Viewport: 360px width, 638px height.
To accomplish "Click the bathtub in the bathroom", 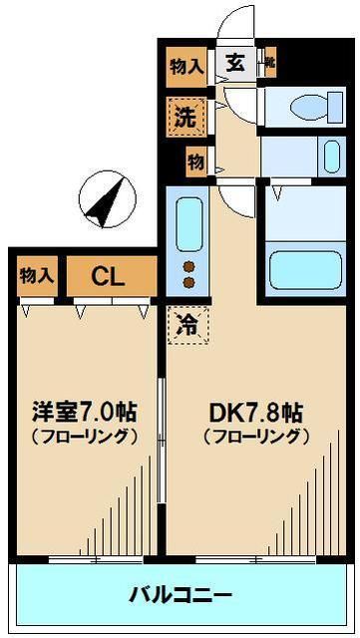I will tap(303, 267).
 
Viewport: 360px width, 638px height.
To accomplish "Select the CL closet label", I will tap(109, 276).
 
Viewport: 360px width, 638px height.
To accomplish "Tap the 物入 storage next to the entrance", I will tap(186, 67).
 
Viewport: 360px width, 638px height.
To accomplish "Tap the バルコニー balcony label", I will tap(180, 595).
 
